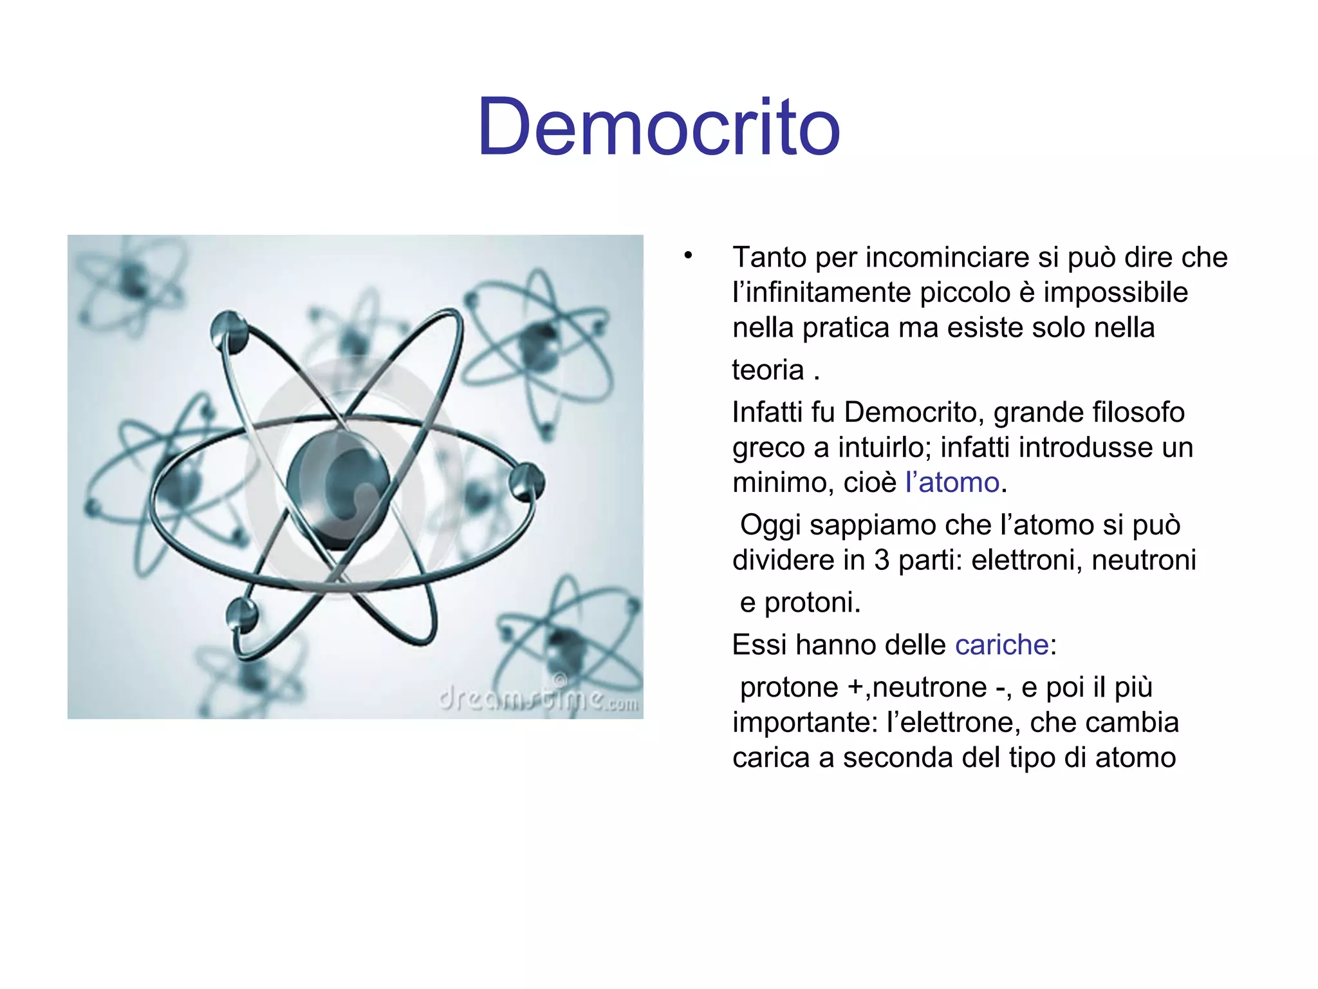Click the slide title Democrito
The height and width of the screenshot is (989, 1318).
[658, 126]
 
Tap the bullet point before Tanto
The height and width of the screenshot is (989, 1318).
[688, 256]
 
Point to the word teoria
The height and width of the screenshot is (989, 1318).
[768, 370]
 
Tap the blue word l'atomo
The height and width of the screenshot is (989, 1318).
[952, 482]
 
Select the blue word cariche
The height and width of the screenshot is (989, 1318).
[1002, 645]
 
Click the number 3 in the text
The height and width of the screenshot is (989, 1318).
[882, 560]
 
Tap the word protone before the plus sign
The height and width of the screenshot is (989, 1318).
[789, 687]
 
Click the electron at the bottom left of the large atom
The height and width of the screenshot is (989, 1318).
[242, 614]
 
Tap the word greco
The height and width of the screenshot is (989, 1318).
[768, 447]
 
